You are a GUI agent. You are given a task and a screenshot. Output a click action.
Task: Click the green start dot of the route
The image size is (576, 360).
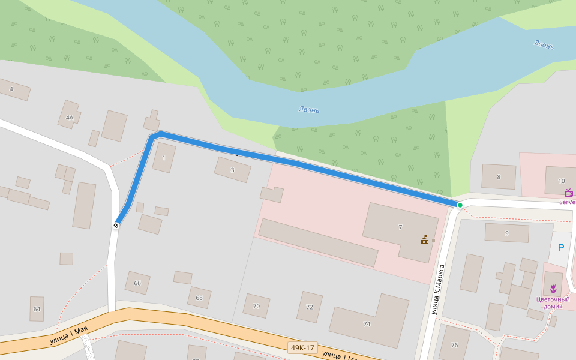click(460, 205)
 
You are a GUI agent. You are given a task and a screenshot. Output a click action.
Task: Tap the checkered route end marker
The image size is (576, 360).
click(116, 226)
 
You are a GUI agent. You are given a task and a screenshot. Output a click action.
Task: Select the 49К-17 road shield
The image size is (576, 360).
click(302, 348)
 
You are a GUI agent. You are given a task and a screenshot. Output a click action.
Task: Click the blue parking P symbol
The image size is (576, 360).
click(561, 248)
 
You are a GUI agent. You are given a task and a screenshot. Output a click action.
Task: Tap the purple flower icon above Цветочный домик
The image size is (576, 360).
click(553, 289)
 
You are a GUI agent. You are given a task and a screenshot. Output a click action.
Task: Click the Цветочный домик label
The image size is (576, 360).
click(553, 302)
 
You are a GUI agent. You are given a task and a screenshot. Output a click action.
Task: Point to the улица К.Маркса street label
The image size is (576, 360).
click(438, 289)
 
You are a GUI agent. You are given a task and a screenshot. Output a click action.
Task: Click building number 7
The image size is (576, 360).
click(400, 227)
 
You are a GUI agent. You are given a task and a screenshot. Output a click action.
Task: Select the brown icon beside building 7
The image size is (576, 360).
click(425, 240)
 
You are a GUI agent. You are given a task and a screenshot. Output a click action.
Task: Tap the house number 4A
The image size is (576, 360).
click(70, 118)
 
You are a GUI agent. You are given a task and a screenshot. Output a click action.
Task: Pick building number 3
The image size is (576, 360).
click(233, 170)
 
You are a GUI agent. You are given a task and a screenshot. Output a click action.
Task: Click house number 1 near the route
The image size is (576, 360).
click(164, 158)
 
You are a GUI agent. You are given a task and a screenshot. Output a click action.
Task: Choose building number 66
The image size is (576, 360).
click(137, 283)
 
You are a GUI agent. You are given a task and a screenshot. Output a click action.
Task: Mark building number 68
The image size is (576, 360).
click(199, 298)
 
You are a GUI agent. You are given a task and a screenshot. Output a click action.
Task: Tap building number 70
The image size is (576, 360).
click(256, 306)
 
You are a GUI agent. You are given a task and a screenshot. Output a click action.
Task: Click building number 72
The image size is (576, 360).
click(310, 307)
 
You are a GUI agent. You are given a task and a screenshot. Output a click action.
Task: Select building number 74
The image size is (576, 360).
click(367, 324)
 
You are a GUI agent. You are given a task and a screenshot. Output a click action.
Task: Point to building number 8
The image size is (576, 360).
click(498, 177)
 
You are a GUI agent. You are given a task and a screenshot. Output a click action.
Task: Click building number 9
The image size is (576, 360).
click(506, 233)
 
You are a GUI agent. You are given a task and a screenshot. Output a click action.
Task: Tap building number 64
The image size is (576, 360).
click(37, 309)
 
